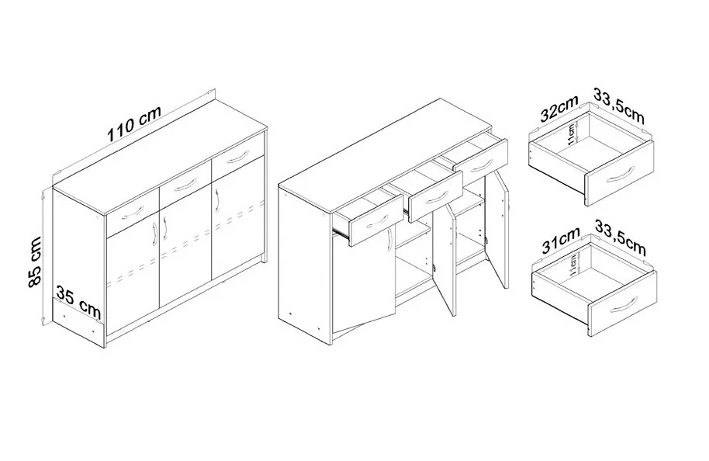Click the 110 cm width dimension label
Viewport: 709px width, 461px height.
click(134, 123)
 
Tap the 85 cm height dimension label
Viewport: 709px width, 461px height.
click(34, 262)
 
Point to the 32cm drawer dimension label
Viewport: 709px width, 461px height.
click(560, 109)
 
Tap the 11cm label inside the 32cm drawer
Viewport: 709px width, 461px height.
click(572, 134)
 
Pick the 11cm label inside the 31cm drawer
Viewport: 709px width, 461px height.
click(573, 265)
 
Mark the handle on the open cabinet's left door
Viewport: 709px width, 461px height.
click(389, 239)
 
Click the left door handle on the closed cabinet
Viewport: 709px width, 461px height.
click(156, 234)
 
